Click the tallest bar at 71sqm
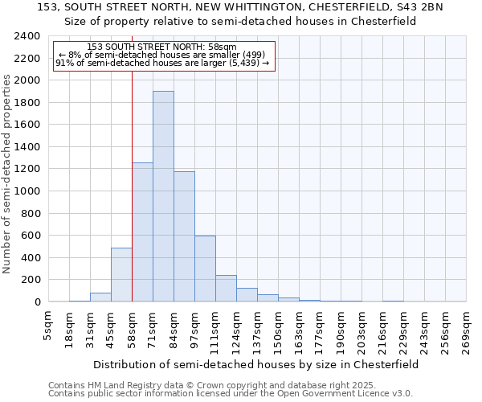pyautogui.click(x=163, y=196)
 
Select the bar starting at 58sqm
pyautogui.click(x=142, y=232)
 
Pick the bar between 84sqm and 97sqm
pyautogui.click(x=184, y=236)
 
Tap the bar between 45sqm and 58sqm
pyautogui.click(x=121, y=274)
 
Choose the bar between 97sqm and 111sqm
pyautogui.click(x=205, y=269)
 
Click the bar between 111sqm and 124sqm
pyautogui.click(x=226, y=288)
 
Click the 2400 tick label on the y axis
pyautogui.click(x=28, y=36)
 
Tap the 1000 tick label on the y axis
pyautogui.click(x=28, y=191)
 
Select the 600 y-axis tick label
pyautogui.click(x=31, y=236)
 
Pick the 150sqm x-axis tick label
pyautogui.click(x=279, y=329)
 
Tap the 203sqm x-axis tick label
pyautogui.click(x=362, y=329)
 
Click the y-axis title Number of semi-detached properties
pyautogui.click(x=9, y=174)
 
